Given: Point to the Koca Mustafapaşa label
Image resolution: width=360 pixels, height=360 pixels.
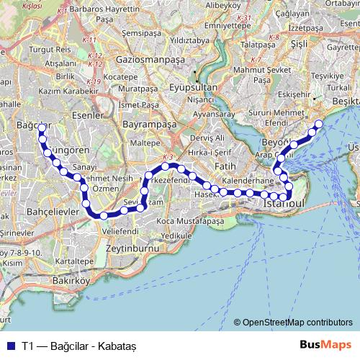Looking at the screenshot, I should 191,221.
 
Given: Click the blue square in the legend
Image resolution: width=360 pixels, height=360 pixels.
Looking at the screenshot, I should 10,345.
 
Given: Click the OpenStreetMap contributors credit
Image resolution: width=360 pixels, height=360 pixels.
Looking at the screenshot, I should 297,322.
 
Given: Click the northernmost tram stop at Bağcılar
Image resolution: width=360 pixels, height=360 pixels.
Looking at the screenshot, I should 42,127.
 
